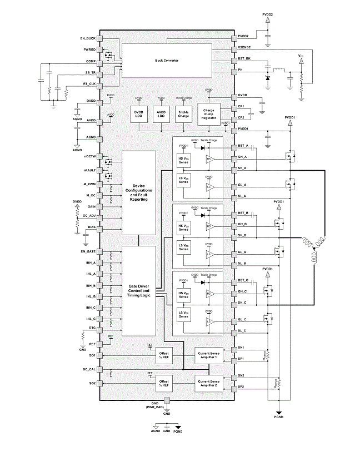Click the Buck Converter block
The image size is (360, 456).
167,60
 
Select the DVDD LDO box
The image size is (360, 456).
138,114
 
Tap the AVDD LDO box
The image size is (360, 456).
161,114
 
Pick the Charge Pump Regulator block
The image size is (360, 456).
209,115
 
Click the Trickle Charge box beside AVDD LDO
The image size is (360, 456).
183,114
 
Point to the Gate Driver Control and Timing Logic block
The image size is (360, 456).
139,290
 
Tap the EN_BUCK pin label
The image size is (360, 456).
88,38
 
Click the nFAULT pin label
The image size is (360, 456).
89,170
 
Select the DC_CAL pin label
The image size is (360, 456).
89,369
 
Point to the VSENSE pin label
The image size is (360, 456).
246,49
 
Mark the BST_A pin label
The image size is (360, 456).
243,146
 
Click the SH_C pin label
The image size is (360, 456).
242,303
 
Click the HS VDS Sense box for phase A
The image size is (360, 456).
184,160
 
